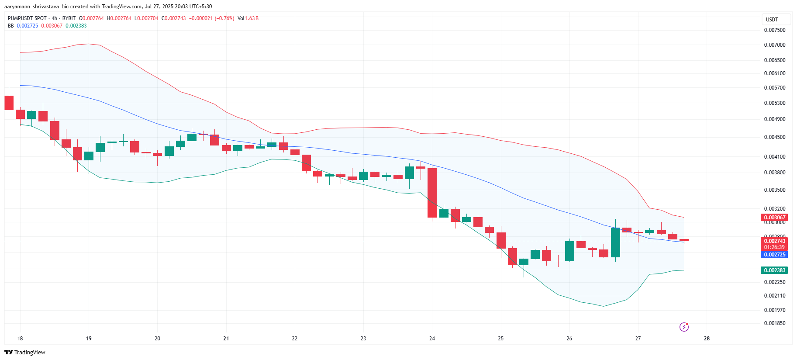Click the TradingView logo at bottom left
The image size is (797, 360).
click(25, 352)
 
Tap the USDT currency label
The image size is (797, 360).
click(772, 20)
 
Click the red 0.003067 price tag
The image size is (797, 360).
click(774, 217)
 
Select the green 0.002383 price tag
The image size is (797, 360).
click(774, 270)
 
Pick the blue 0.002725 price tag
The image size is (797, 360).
click(774, 255)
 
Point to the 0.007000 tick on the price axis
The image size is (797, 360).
click(774, 45)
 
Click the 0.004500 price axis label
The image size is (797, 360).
click(774, 137)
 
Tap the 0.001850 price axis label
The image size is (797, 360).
click(774, 323)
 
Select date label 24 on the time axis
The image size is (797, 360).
click(432, 339)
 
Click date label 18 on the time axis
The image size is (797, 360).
click(20, 339)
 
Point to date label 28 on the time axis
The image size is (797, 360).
click(707, 339)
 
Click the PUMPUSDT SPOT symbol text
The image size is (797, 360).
click(27, 18)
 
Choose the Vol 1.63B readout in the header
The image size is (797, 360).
click(248, 18)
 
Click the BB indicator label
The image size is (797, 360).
click(11, 26)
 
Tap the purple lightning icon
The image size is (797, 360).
click(684, 327)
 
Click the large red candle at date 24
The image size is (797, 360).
click(432, 193)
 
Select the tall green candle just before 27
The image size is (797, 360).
click(615, 242)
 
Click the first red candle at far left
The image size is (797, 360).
click(9, 103)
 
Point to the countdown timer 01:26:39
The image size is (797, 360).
click(774, 247)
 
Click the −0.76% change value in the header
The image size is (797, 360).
click(224, 18)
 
